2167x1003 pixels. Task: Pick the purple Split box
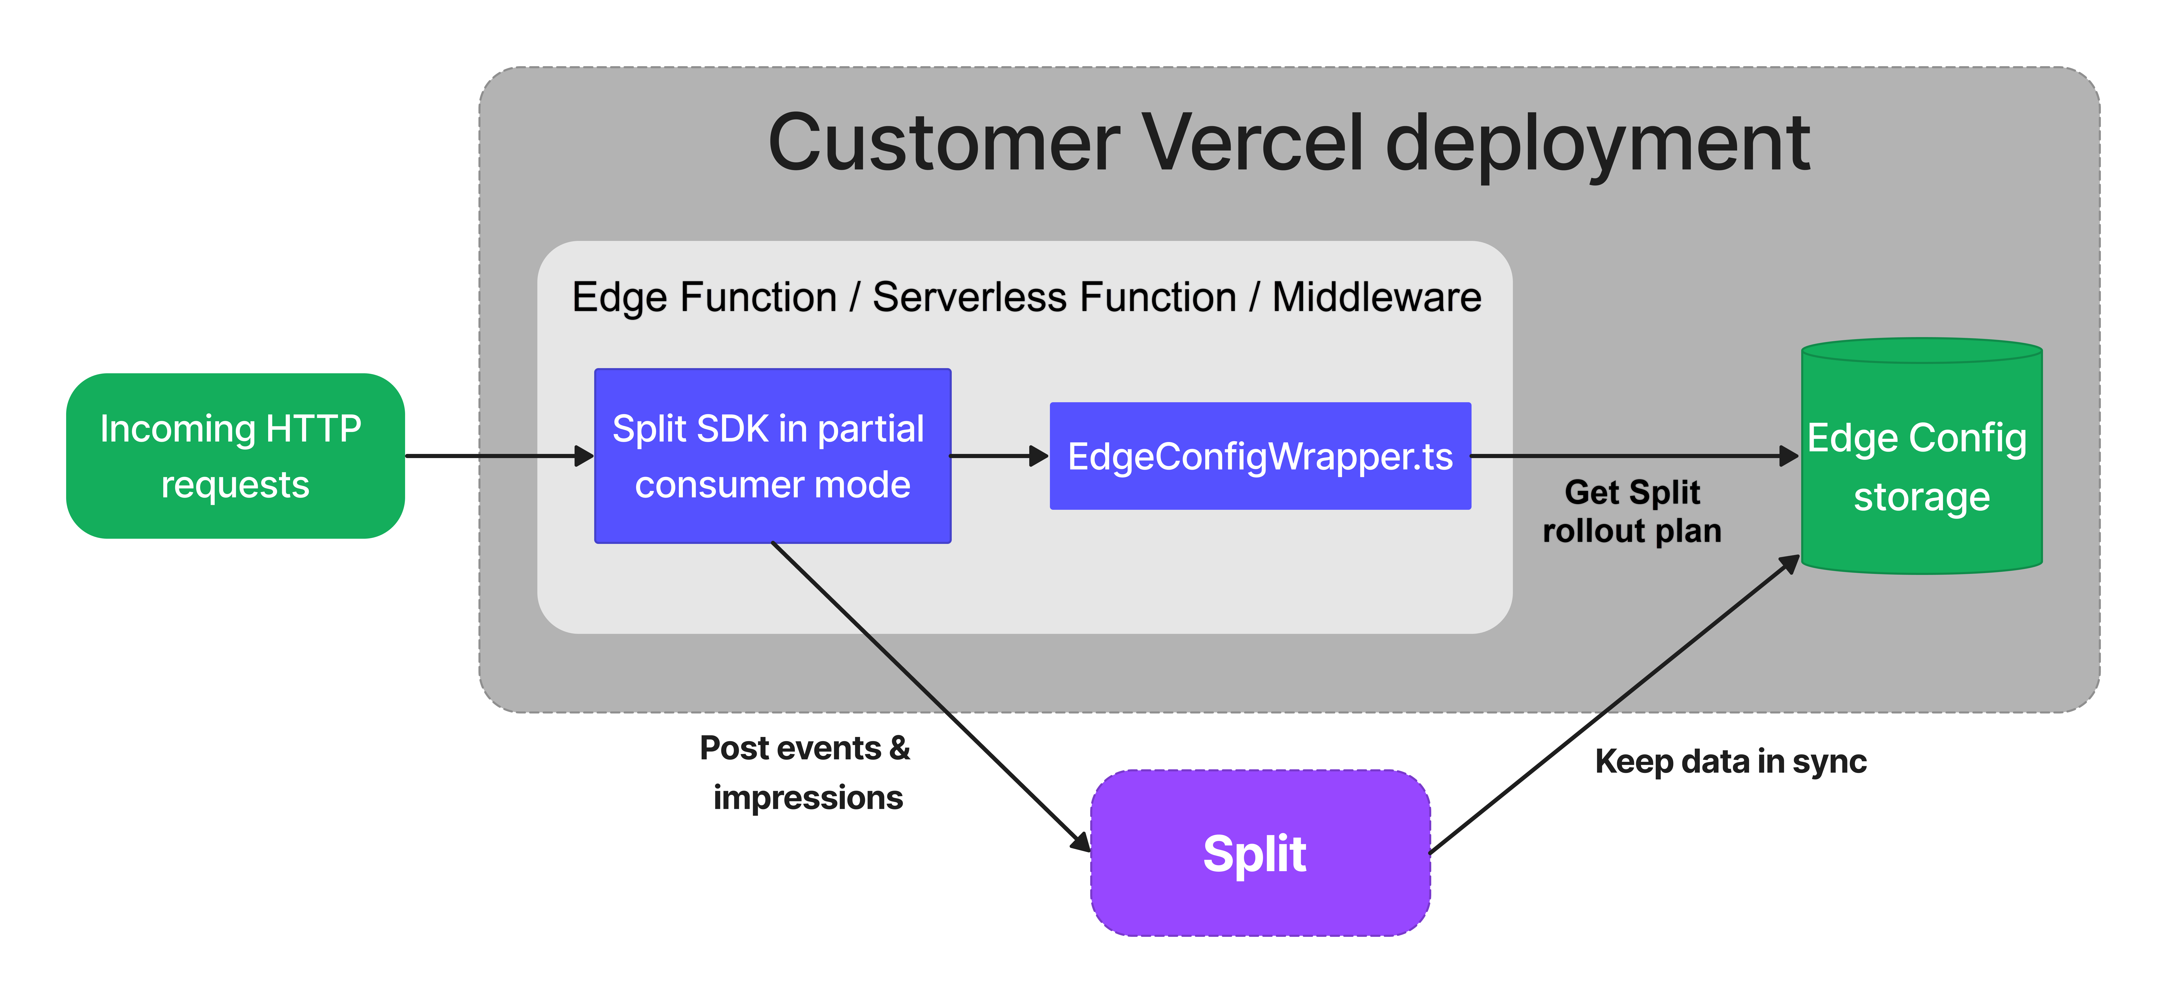pos(1259,852)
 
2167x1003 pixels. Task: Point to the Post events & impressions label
pos(805,772)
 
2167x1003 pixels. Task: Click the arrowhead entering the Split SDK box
pos(584,456)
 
